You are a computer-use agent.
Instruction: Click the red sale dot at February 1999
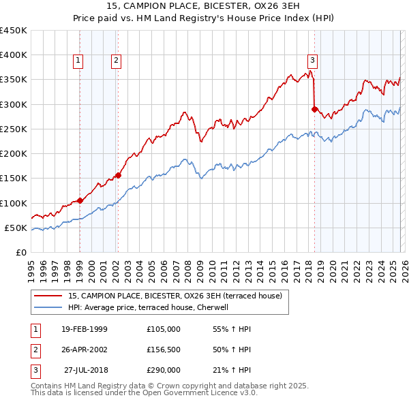[80, 200]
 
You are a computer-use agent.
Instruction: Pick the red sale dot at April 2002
[118, 175]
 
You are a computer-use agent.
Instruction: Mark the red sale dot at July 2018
[314, 109]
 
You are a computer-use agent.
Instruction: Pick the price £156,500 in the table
[163, 350]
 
